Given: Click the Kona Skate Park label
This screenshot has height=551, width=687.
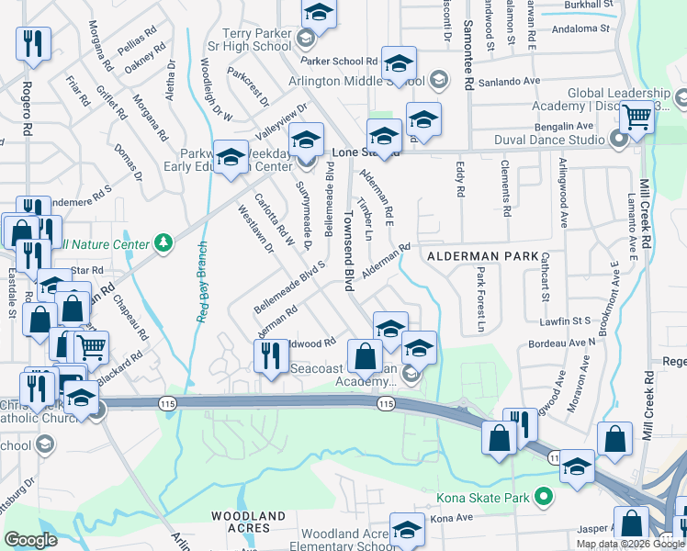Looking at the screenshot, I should pos(487,497).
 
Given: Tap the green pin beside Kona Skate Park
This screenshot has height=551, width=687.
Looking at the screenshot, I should pos(544,497).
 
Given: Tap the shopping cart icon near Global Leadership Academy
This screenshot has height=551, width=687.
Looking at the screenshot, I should pos(636,118).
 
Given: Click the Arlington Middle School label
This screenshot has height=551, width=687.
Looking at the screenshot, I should pos(363,81).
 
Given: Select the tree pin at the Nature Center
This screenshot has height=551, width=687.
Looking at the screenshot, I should pos(163,242).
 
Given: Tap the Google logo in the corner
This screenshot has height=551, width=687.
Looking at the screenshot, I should pos(31,540).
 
